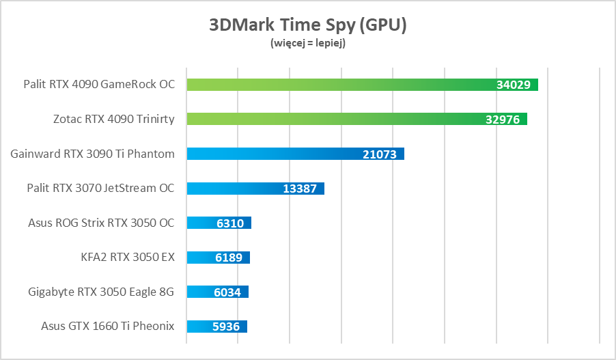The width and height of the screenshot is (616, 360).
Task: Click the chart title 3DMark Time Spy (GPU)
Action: (x=307, y=26)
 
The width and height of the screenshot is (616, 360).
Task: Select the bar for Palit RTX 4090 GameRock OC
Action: (x=341, y=85)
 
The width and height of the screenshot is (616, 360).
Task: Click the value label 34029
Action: (x=514, y=85)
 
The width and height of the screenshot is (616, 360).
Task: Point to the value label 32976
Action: (x=503, y=120)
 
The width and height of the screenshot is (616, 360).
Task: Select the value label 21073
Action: (x=380, y=154)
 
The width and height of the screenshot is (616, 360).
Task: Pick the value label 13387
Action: (x=300, y=189)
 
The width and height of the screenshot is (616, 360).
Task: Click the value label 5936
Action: (x=226, y=327)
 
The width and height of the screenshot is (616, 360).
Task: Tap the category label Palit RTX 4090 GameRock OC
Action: (x=99, y=85)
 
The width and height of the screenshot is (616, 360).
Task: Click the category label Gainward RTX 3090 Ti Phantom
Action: (x=93, y=154)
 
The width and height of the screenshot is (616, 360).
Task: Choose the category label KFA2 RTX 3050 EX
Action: (x=128, y=258)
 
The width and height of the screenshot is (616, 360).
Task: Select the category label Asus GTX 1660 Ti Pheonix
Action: (x=108, y=327)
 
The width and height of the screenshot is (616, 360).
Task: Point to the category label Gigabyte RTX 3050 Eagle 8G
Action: (x=101, y=292)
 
